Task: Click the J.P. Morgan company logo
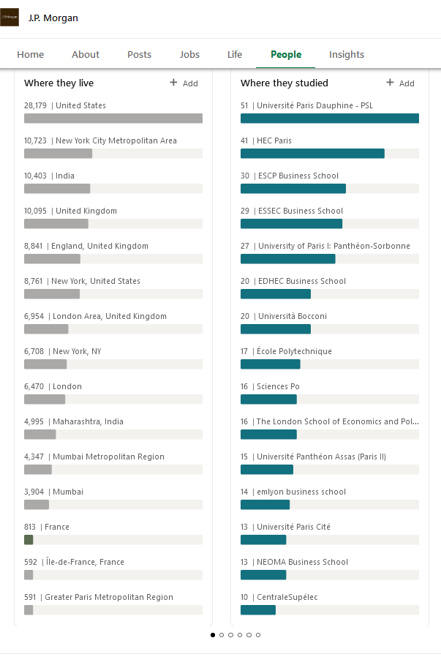(x=10, y=18)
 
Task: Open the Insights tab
(x=347, y=54)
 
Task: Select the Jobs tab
(x=189, y=54)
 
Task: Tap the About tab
(x=86, y=54)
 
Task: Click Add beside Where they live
(x=184, y=83)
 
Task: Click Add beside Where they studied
(x=400, y=83)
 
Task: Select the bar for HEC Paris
(x=312, y=154)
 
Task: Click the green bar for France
(x=29, y=540)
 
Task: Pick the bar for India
(x=57, y=189)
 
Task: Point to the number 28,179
(x=35, y=105)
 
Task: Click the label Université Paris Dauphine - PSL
(x=314, y=105)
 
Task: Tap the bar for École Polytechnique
(x=270, y=364)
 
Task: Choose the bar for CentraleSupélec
(x=258, y=610)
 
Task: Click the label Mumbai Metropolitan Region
(x=108, y=457)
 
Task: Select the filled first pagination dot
(x=213, y=635)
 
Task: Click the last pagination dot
(x=258, y=635)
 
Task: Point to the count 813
(x=30, y=527)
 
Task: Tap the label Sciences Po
(x=278, y=386)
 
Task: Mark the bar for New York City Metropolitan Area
(x=58, y=154)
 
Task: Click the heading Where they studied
(x=284, y=83)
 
